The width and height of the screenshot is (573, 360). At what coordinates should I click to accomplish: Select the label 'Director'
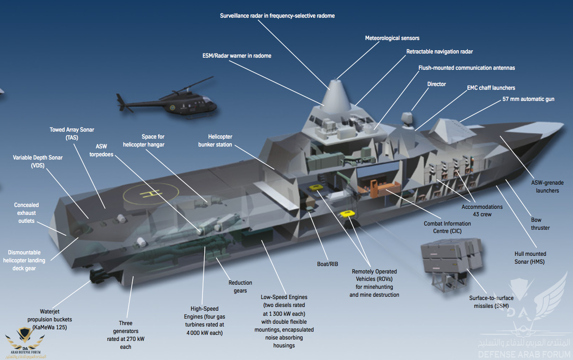436,84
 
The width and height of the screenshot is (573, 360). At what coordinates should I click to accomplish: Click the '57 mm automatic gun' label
528,99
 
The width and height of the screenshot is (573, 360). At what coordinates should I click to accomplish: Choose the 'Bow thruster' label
540,224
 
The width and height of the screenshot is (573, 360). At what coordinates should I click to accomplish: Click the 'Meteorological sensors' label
392,38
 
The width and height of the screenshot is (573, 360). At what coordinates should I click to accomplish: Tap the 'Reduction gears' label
240,287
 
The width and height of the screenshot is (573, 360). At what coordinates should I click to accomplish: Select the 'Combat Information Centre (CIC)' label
447,227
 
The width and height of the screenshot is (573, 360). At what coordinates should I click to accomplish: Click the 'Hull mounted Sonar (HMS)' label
530,258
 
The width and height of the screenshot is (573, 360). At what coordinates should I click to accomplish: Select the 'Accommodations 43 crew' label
482,210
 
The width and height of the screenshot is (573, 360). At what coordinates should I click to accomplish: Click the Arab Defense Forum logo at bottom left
24,342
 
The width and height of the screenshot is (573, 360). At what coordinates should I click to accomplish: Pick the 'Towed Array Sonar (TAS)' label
72,133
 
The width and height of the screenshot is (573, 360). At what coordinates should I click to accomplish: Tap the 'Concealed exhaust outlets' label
27,213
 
